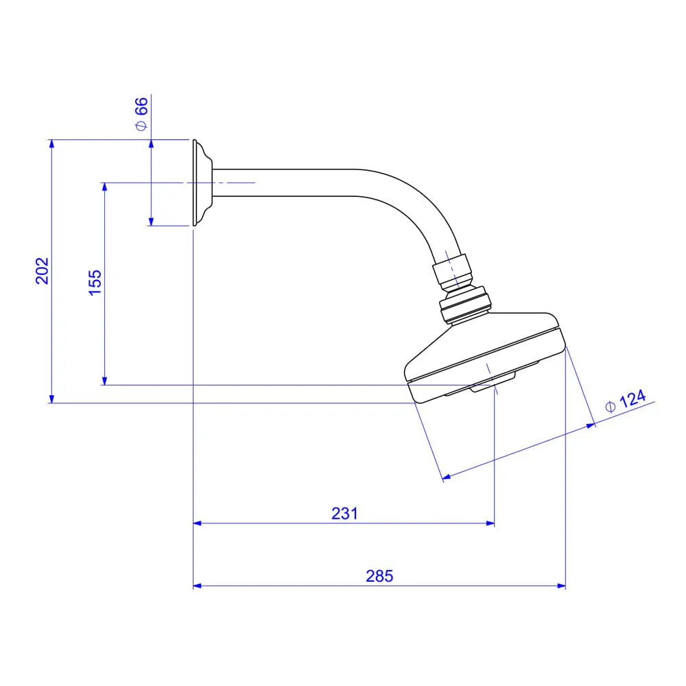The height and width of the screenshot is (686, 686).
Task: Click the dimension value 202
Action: (43, 271)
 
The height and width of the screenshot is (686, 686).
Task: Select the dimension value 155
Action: (95, 283)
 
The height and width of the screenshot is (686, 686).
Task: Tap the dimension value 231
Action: (345, 513)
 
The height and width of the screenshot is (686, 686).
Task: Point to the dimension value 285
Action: (379, 576)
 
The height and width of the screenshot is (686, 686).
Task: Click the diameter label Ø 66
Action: (141, 114)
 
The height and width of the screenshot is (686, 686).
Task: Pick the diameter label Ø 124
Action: (626, 401)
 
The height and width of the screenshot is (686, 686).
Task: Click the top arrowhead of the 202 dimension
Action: (51, 144)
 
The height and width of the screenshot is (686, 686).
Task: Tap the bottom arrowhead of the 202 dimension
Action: (51, 398)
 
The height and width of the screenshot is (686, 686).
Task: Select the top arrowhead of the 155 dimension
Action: (104, 187)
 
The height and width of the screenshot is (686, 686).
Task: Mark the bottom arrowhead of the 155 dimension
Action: (104, 380)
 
